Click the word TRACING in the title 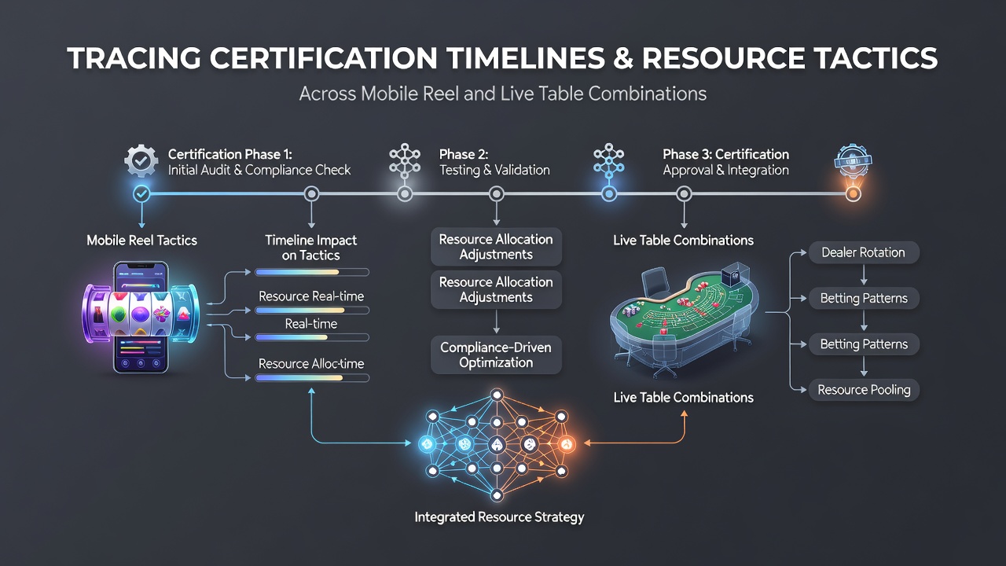(x=134, y=58)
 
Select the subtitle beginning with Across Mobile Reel (x=502, y=94)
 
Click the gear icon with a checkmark (x=141, y=161)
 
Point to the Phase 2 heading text (x=464, y=155)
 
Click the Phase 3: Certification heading (x=725, y=155)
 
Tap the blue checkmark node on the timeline (x=141, y=194)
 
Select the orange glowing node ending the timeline (x=853, y=194)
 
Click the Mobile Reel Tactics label (x=142, y=241)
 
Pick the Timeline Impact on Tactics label (x=310, y=248)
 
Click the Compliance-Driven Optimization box (x=496, y=355)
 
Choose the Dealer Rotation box (x=864, y=252)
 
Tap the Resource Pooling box (x=864, y=390)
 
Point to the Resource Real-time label (x=311, y=296)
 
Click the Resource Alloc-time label (x=311, y=363)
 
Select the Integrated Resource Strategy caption (x=499, y=517)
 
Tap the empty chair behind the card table (x=656, y=285)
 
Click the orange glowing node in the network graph (x=567, y=444)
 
